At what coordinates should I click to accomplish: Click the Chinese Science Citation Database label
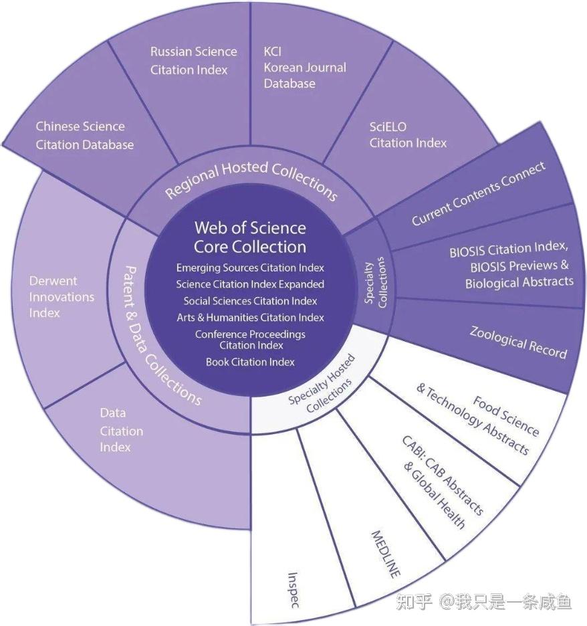pos(84,135)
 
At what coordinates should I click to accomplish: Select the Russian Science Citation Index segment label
pos(193,60)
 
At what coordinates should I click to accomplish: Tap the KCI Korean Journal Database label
pos(304,68)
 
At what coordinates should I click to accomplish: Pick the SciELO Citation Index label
pos(408,134)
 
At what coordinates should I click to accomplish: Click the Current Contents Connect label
pos(478,193)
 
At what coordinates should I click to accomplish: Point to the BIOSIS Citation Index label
pos(511,266)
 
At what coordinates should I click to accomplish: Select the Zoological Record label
pos(518,342)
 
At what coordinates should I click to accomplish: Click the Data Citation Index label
pos(122,431)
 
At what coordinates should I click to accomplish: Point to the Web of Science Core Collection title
pos(250,237)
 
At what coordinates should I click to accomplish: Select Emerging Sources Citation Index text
pos(250,268)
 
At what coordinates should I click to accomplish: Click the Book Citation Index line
pos(250,362)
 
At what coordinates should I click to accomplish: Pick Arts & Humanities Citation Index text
pos(250,317)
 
